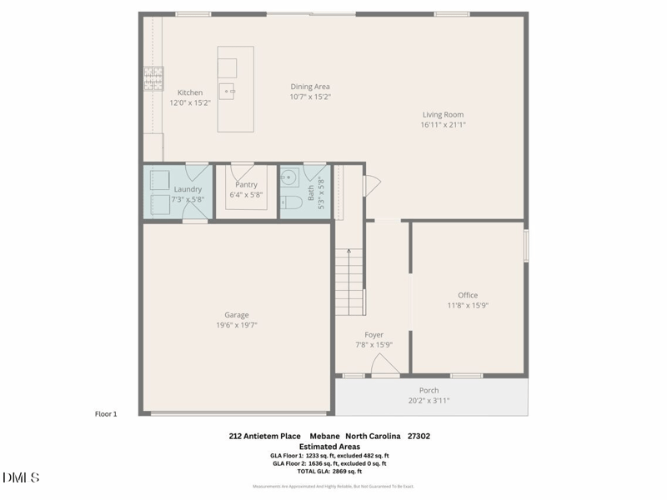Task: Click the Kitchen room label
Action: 190,92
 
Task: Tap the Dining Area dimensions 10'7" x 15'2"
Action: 310,97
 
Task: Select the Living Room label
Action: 442,115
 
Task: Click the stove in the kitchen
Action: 153,78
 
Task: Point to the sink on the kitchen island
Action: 227,90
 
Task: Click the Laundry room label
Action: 188,189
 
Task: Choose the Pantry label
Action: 246,185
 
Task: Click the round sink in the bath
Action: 289,177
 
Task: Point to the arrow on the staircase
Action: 349,252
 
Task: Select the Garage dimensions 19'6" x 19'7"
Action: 236,325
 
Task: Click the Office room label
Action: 468,295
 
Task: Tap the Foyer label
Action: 374,335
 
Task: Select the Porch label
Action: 429,390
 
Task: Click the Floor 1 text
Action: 106,413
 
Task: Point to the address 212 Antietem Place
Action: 264,436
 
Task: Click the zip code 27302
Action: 418,436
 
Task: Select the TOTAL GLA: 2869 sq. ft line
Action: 329,472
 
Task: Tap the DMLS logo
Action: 21,477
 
